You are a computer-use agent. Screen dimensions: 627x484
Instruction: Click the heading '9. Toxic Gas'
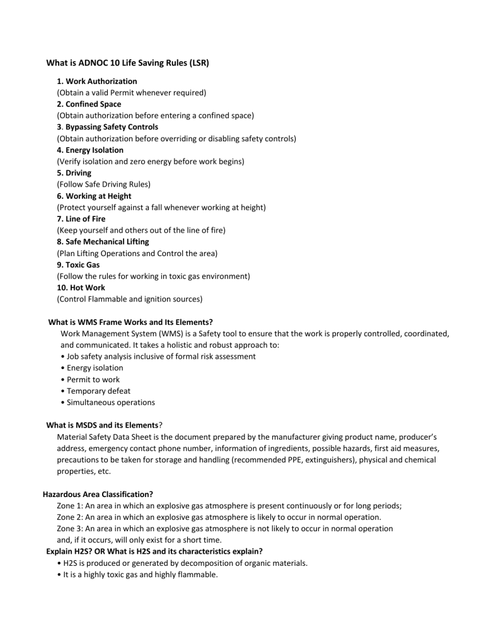[x=78, y=265]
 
